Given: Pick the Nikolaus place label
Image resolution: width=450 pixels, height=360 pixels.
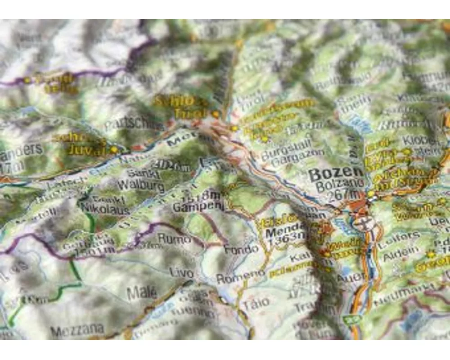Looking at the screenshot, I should (x=105, y=209).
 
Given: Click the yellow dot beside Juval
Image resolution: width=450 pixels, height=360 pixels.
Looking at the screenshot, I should (x=114, y=149).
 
